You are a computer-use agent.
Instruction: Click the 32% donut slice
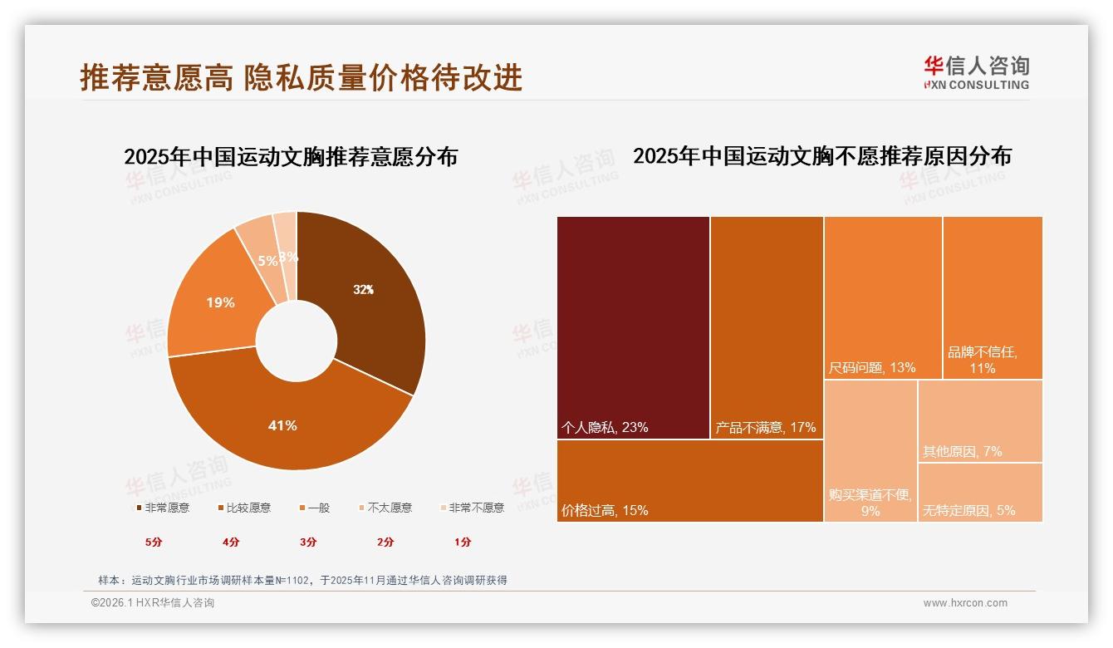click(363, 290)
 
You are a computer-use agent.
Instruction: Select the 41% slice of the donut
click(282, 425)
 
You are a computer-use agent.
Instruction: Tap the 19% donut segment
click(220, 302)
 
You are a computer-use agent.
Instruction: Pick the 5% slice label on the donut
click(267, 260)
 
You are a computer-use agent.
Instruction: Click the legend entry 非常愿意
click(162, 508)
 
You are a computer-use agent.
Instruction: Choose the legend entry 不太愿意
click(385, 508)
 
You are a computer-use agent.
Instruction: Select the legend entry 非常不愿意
click(472, 508)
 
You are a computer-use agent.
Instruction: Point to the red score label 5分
click(154, 542)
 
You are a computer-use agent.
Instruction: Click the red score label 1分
click(463, 542)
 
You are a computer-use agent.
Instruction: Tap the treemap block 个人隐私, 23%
click(633, 327)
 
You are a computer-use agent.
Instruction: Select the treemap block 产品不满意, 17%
click(767, 327)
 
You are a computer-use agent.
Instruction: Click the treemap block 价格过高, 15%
click(689, 481)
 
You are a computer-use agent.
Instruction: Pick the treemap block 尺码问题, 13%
click(883, 297)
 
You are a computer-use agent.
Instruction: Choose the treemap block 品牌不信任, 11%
click(993, 297)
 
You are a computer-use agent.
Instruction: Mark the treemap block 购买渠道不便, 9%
click(870, 451)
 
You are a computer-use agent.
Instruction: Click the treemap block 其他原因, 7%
click(980, 420)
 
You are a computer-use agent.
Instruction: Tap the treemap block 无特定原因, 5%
click(980, 493)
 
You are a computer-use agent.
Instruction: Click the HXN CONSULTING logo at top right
click(977, 72)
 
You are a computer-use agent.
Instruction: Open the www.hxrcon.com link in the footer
click(965, 603)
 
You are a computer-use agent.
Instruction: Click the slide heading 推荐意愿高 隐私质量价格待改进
click(301, 77)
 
